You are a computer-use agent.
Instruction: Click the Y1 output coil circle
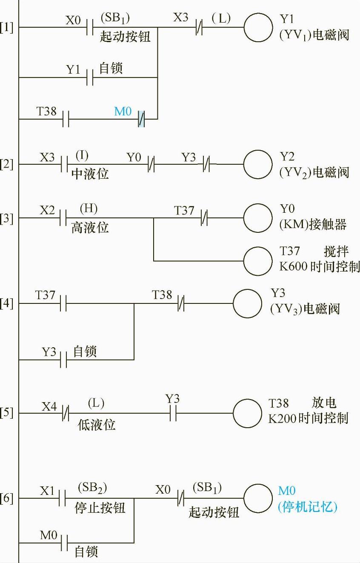pos(258,27)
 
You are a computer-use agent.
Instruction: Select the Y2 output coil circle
pos(258,164)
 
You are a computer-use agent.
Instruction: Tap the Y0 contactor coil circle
pos(258,218)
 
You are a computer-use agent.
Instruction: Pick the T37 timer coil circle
pos(258,260)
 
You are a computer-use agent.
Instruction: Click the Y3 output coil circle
pos(247,303)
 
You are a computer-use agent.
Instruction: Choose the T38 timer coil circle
pos(247,413)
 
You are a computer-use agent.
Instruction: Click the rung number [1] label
pos(7,29)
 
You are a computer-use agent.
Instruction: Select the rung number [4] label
pos(7,304)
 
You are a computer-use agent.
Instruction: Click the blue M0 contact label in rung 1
pos(123,112)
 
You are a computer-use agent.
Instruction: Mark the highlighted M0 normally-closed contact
pos(141,119)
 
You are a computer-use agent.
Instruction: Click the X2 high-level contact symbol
pos(63,218)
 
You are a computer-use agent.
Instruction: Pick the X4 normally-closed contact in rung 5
pos(66,413)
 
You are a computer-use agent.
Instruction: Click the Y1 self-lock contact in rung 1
pos(90,77)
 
